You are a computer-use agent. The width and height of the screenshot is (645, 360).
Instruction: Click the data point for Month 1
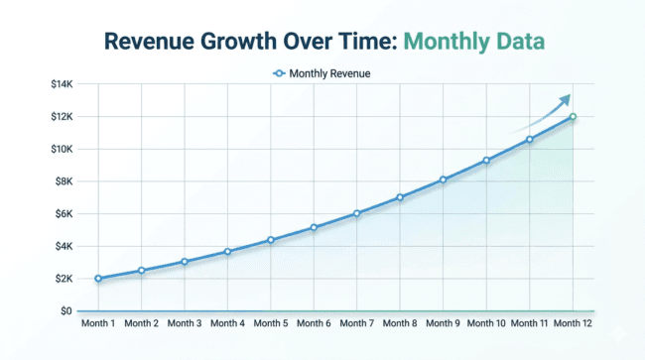coord(98,279)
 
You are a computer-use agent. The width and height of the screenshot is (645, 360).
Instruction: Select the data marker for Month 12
coord(573,117)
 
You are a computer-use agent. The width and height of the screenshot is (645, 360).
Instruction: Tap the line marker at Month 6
coord(314,228)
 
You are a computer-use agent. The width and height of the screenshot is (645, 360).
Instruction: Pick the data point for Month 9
coord(443,180)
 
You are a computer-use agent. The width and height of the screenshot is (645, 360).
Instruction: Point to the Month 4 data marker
coord(227,252)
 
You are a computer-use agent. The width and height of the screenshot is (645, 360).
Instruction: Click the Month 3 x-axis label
coord(185,323)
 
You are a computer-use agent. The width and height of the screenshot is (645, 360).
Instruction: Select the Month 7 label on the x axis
coord(356,323)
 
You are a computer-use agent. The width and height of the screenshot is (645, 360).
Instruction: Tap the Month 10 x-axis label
coord(486,323)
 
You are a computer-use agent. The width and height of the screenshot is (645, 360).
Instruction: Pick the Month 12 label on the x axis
coord(573,323)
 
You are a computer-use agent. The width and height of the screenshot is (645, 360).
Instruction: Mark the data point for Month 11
coord(529,140)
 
